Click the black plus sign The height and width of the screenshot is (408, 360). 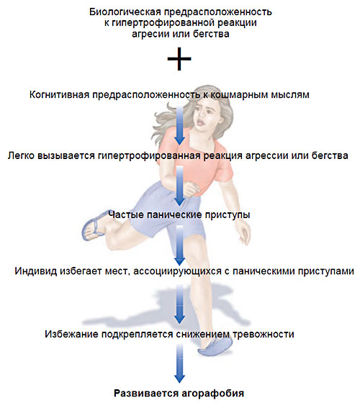click(x=179, y=59)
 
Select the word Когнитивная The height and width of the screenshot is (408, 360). click(x=60, y=94)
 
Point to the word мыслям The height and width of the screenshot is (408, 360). click(x=290, y=95)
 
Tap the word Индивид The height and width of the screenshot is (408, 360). click(x=36, y=271)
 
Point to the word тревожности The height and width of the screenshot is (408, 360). click(x=264, y=334)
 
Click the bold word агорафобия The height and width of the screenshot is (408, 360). click(x=212, y=393)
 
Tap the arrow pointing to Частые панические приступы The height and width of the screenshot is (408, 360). click(x=179, y=186)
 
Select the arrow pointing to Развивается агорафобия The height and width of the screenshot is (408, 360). click(x=179, y=363)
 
